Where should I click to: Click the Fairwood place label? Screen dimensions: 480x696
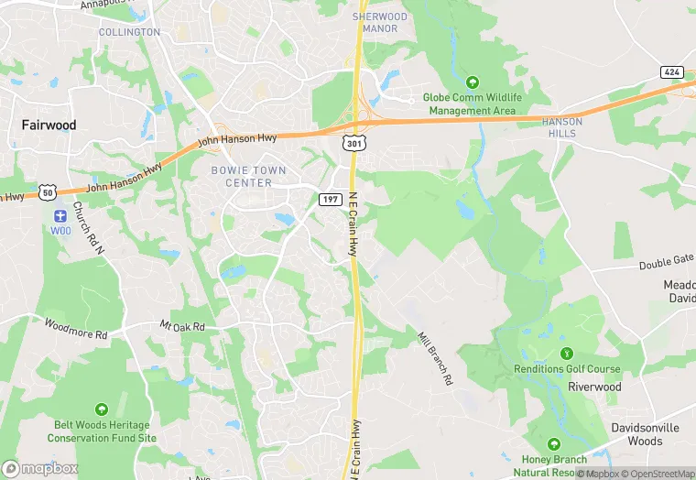[49, 125]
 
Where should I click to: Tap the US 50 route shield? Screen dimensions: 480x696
[48, 192]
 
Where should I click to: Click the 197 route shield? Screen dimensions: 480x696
[331, 199]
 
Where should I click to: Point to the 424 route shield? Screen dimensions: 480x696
[672, 71]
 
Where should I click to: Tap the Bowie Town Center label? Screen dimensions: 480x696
[248, 177]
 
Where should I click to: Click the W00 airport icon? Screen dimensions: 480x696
[60, 216]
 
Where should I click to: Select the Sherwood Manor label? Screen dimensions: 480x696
[380, 23]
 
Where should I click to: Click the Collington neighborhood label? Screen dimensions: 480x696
[129, 32]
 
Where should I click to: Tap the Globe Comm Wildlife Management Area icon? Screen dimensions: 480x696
[473, 82]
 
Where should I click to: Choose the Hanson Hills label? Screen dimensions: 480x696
[562, 127]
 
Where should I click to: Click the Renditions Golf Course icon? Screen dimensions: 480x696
[566, 354]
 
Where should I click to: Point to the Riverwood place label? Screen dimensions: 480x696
[594, 387]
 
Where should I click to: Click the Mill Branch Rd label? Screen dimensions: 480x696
[436, 357]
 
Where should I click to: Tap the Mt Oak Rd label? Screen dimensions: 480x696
[182, 326]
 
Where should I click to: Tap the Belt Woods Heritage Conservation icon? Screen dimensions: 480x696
[101, 409]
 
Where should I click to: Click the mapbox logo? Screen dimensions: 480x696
[41, 468]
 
